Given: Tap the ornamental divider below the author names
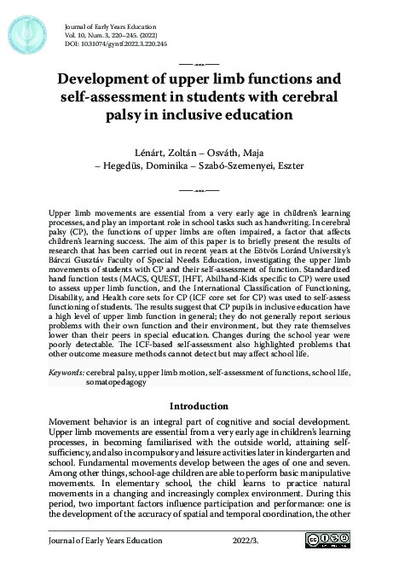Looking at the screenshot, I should point(199,187).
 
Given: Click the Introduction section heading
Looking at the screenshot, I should point(199,406).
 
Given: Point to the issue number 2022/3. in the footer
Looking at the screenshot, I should point(247,541).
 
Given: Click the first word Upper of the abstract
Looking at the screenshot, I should point(62,208).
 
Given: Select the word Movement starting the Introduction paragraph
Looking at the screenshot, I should point(71,422).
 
